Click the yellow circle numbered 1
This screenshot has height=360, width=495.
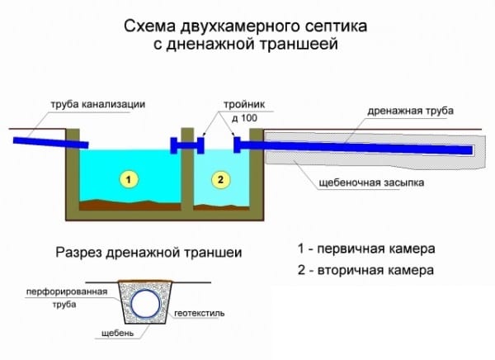coord(129,179)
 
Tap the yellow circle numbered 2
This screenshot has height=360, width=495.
coord(220,179)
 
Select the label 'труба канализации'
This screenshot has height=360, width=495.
coord(98,104)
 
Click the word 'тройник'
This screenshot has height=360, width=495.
coord(244,104)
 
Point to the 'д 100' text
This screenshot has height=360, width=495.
coord(244,118)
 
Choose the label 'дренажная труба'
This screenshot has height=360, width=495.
coord(410,111)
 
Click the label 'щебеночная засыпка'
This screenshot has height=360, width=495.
coord(371,182)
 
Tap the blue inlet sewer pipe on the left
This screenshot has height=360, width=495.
coord(50,143)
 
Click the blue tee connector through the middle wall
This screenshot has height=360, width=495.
coord(187,145)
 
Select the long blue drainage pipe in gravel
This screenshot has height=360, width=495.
coord(354,147)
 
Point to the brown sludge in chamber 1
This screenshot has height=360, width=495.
coord(130,205)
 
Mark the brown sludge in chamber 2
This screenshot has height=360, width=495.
coord(221,207)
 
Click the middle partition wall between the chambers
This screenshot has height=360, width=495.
coord(187,169)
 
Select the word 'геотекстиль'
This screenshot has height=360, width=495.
coord(199,313)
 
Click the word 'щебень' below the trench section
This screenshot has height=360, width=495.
coord(117,333)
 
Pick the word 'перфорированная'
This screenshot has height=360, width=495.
coord(67,291)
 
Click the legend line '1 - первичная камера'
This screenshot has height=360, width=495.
coord(366,249)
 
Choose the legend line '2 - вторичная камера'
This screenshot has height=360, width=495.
coord(365,270)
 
